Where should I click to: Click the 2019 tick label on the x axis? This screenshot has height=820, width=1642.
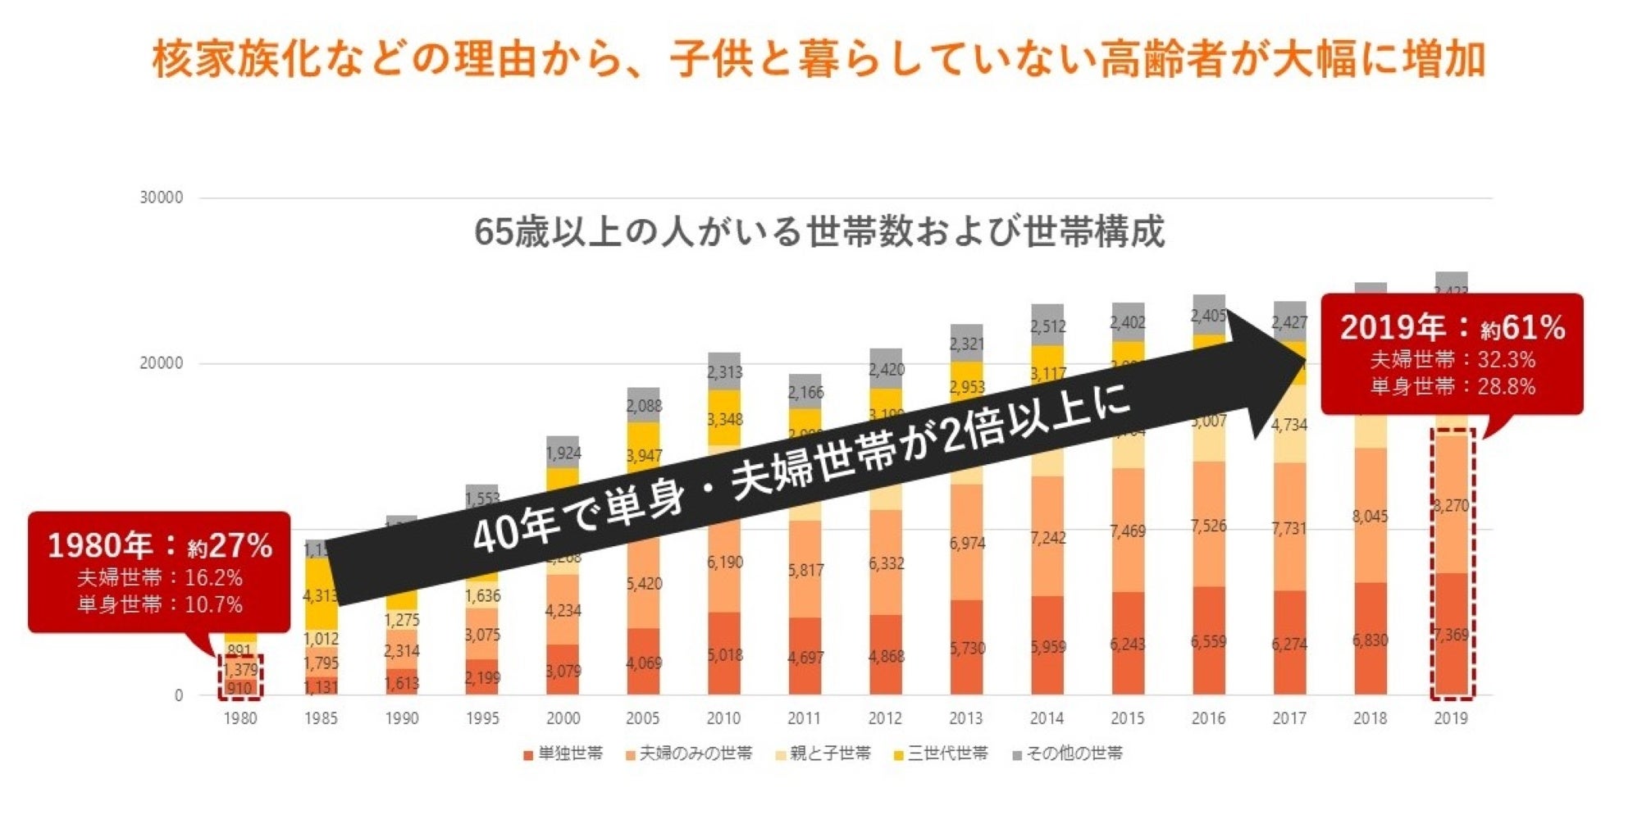[x=1450, y=718]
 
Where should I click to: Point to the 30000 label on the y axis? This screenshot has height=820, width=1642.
[x=162, y=198]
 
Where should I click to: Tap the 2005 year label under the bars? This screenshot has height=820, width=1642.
[x=642, y=718]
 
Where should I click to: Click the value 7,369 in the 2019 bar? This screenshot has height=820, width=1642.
[x=1451, y=635]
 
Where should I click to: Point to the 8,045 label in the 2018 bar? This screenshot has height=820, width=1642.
[x=1370, y=517]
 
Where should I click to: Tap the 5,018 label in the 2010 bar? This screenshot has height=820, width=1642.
[x=724, y=655]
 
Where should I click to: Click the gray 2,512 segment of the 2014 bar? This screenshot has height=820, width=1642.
[x=1047, y=326]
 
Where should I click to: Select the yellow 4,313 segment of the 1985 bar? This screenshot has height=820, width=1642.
[x=320, y=596]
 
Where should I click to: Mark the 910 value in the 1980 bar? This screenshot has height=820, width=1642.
[x=239, y=688]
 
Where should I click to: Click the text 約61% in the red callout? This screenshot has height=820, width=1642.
[x=1522, y=328]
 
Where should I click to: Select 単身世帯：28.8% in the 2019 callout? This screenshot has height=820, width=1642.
[x=1453, y=386]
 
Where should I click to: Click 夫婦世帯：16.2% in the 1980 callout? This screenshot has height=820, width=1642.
[x=160, y=578]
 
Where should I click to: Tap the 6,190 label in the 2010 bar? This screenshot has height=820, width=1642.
[x=724, y=563]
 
